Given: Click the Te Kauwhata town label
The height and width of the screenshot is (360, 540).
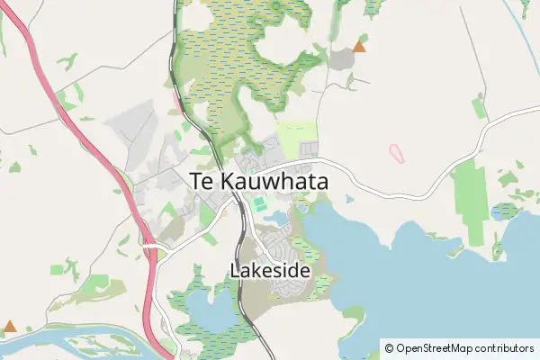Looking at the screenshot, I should tap(259, 180).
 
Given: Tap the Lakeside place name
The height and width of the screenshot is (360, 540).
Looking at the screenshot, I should tap(270, 270).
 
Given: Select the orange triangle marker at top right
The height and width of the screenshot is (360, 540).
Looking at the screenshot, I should tap(360, 46).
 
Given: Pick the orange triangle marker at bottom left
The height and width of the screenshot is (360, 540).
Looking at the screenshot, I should tap(10, 326).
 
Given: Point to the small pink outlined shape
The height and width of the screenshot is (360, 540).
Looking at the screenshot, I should tap(397, 153).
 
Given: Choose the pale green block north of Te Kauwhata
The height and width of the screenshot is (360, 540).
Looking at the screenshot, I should tap(297, 135).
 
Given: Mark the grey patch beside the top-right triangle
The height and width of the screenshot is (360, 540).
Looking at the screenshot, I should tap(342, 59).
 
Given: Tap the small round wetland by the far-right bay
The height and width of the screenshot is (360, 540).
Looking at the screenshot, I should tap(505, 211).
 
